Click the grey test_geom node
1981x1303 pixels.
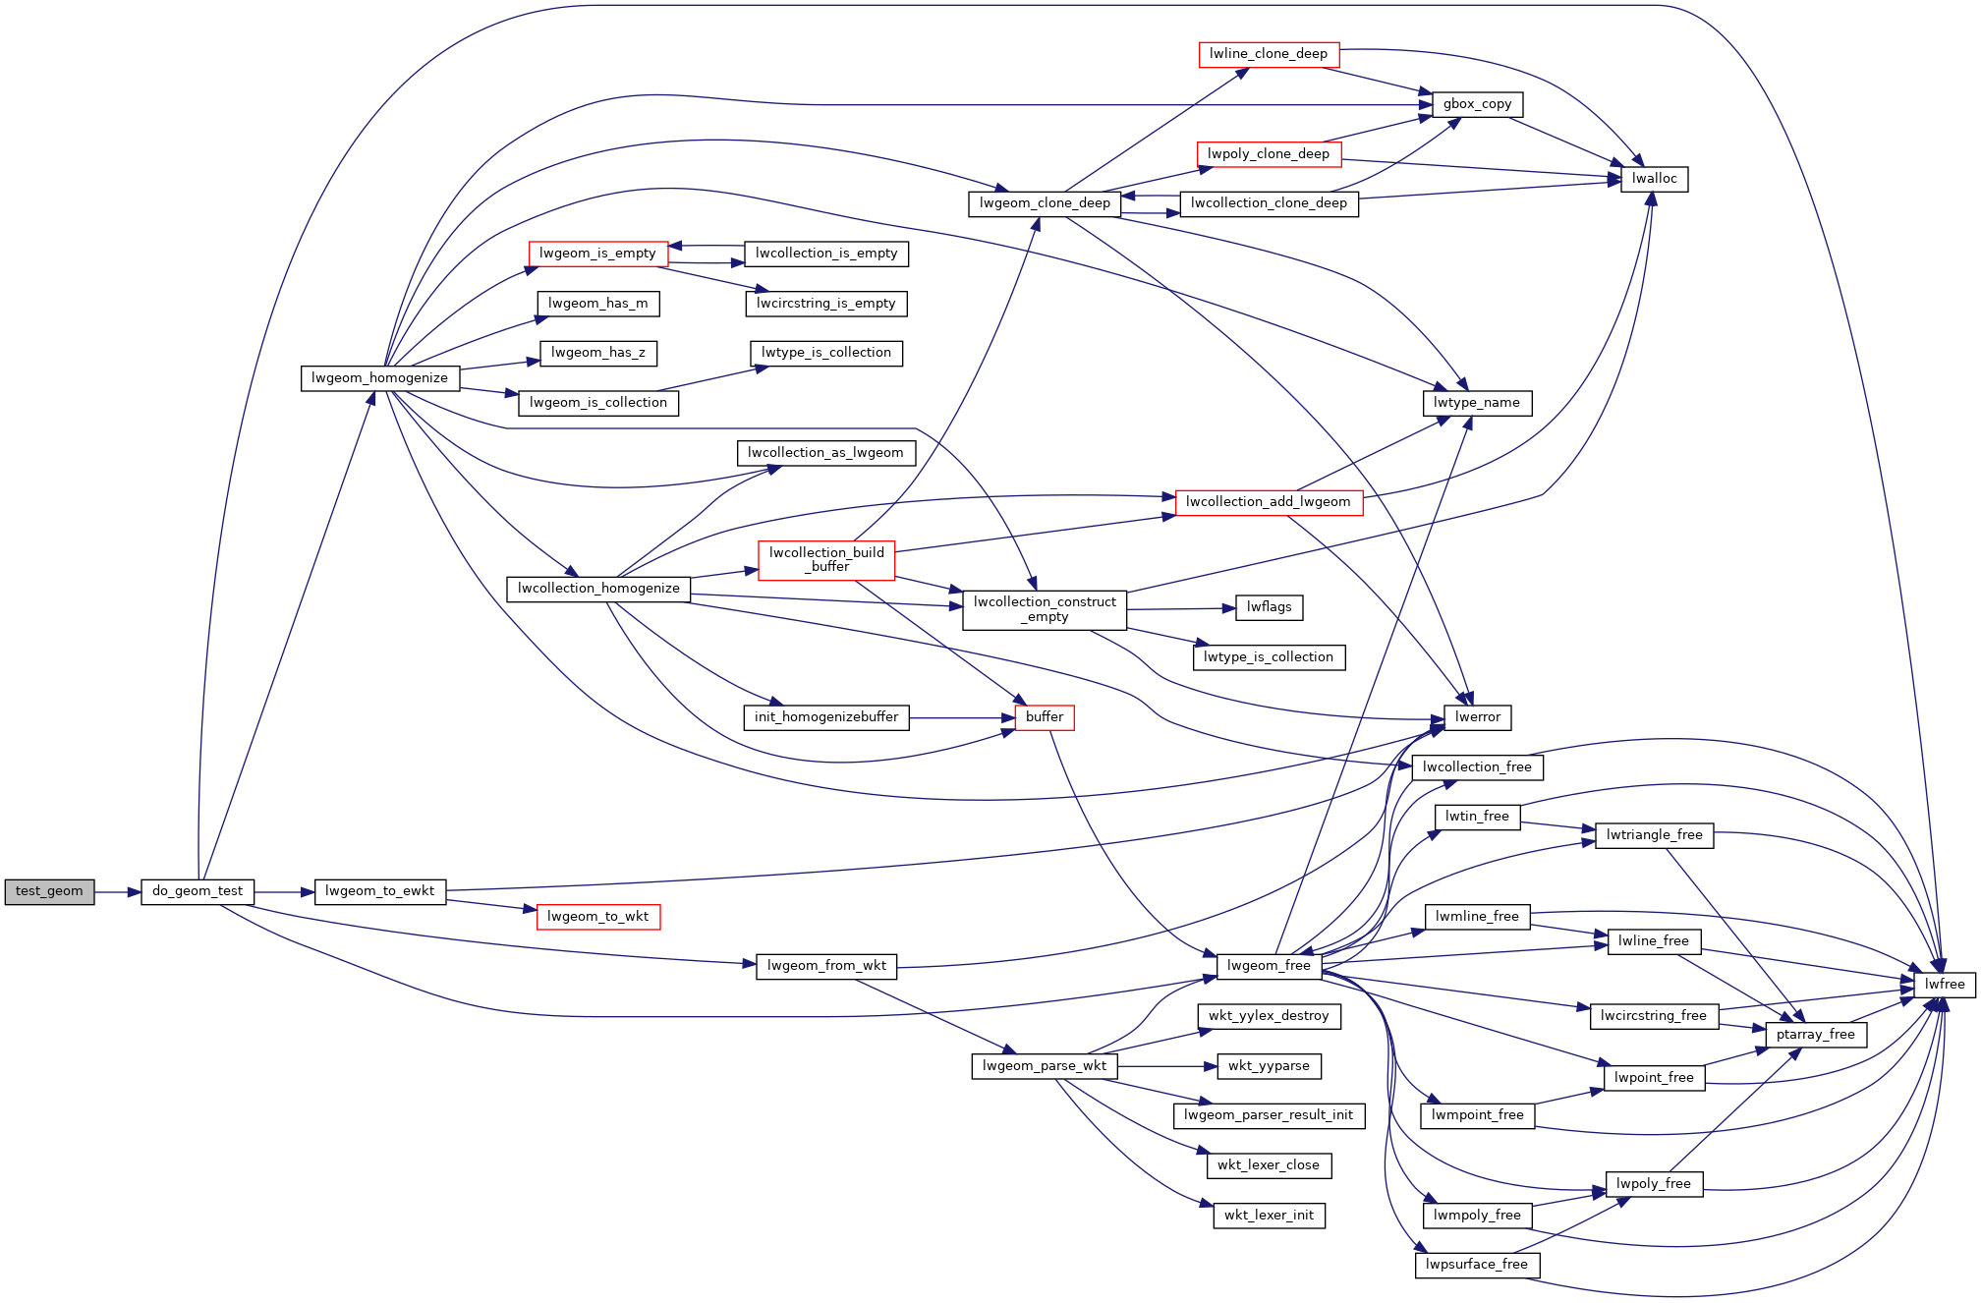pos(49,891)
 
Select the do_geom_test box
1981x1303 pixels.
pos(198,891)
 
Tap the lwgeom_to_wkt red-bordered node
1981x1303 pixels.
pos(598,917)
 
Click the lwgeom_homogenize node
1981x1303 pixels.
pos(380,378)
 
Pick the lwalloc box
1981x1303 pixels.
pos(1655,179)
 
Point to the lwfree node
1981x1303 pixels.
pos(1945,985)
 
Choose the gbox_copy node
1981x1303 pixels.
pos(1478,104)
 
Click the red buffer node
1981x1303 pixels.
pos(1045,717)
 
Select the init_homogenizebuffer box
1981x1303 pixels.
pos(826,717)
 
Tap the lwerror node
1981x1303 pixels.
pos(1478,717)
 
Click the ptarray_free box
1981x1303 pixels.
pos(1816,1035)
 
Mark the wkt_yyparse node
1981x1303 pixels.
pos(1269,1066)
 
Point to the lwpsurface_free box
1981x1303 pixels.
pos(1477,1265)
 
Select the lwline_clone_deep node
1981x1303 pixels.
pos(1269,54)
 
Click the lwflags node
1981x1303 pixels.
pos(1270,607)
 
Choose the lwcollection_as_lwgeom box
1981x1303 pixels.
pos(825,453)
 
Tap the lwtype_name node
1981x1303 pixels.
pos(1477,403)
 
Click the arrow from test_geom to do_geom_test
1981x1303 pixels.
pos(118,892)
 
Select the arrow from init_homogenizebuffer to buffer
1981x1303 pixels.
pos(962,718)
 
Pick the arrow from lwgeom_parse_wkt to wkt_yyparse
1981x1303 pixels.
pos(1167,1066)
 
